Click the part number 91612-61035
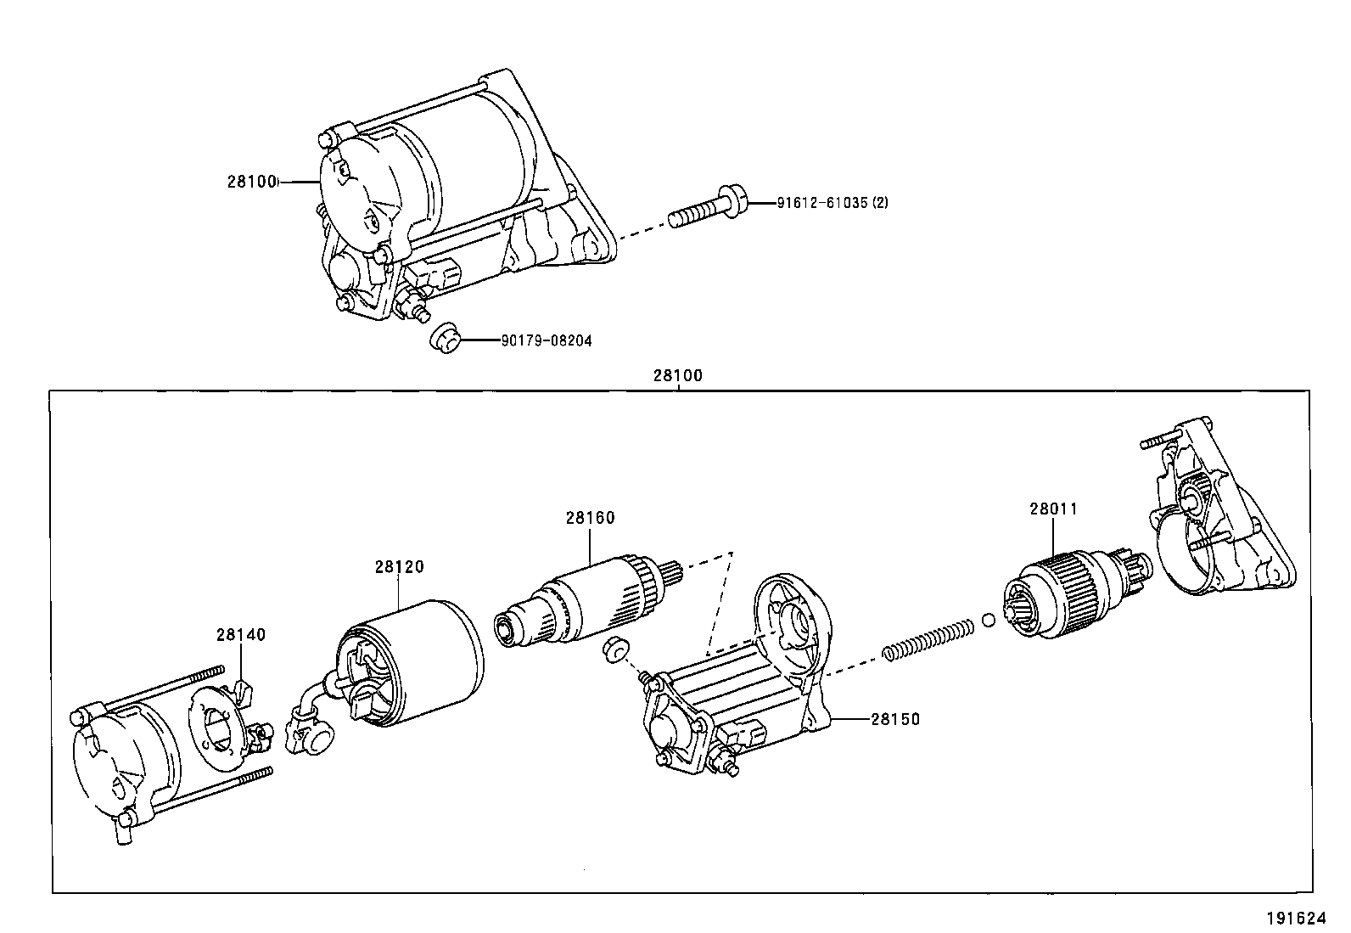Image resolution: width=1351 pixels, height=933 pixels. pos(821,203)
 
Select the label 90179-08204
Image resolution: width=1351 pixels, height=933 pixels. pos(547,341)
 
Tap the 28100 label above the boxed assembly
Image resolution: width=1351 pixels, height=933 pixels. pos(678,375)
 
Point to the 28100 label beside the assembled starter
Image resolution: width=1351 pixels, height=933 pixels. pos(251,181)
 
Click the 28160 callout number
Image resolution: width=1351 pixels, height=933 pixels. pos(590,518)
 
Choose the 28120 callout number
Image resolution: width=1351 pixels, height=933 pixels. pos(399,567)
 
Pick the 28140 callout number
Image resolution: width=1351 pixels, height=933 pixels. pos(241,634)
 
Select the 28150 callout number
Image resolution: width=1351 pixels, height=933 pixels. pos(895,719)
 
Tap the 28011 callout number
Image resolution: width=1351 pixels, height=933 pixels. pos(1054,509)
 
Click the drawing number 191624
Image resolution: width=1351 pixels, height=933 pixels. pos(1296,919)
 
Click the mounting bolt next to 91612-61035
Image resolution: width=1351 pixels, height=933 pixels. pos(708,207)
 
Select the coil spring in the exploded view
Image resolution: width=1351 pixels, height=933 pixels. pos(928,640)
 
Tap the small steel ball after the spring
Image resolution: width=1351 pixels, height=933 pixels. pos(989,620)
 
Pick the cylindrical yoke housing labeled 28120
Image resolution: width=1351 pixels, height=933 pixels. pos(410,663)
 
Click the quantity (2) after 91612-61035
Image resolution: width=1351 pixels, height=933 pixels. pos(881,203)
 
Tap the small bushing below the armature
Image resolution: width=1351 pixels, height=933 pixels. pos(615,649)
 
